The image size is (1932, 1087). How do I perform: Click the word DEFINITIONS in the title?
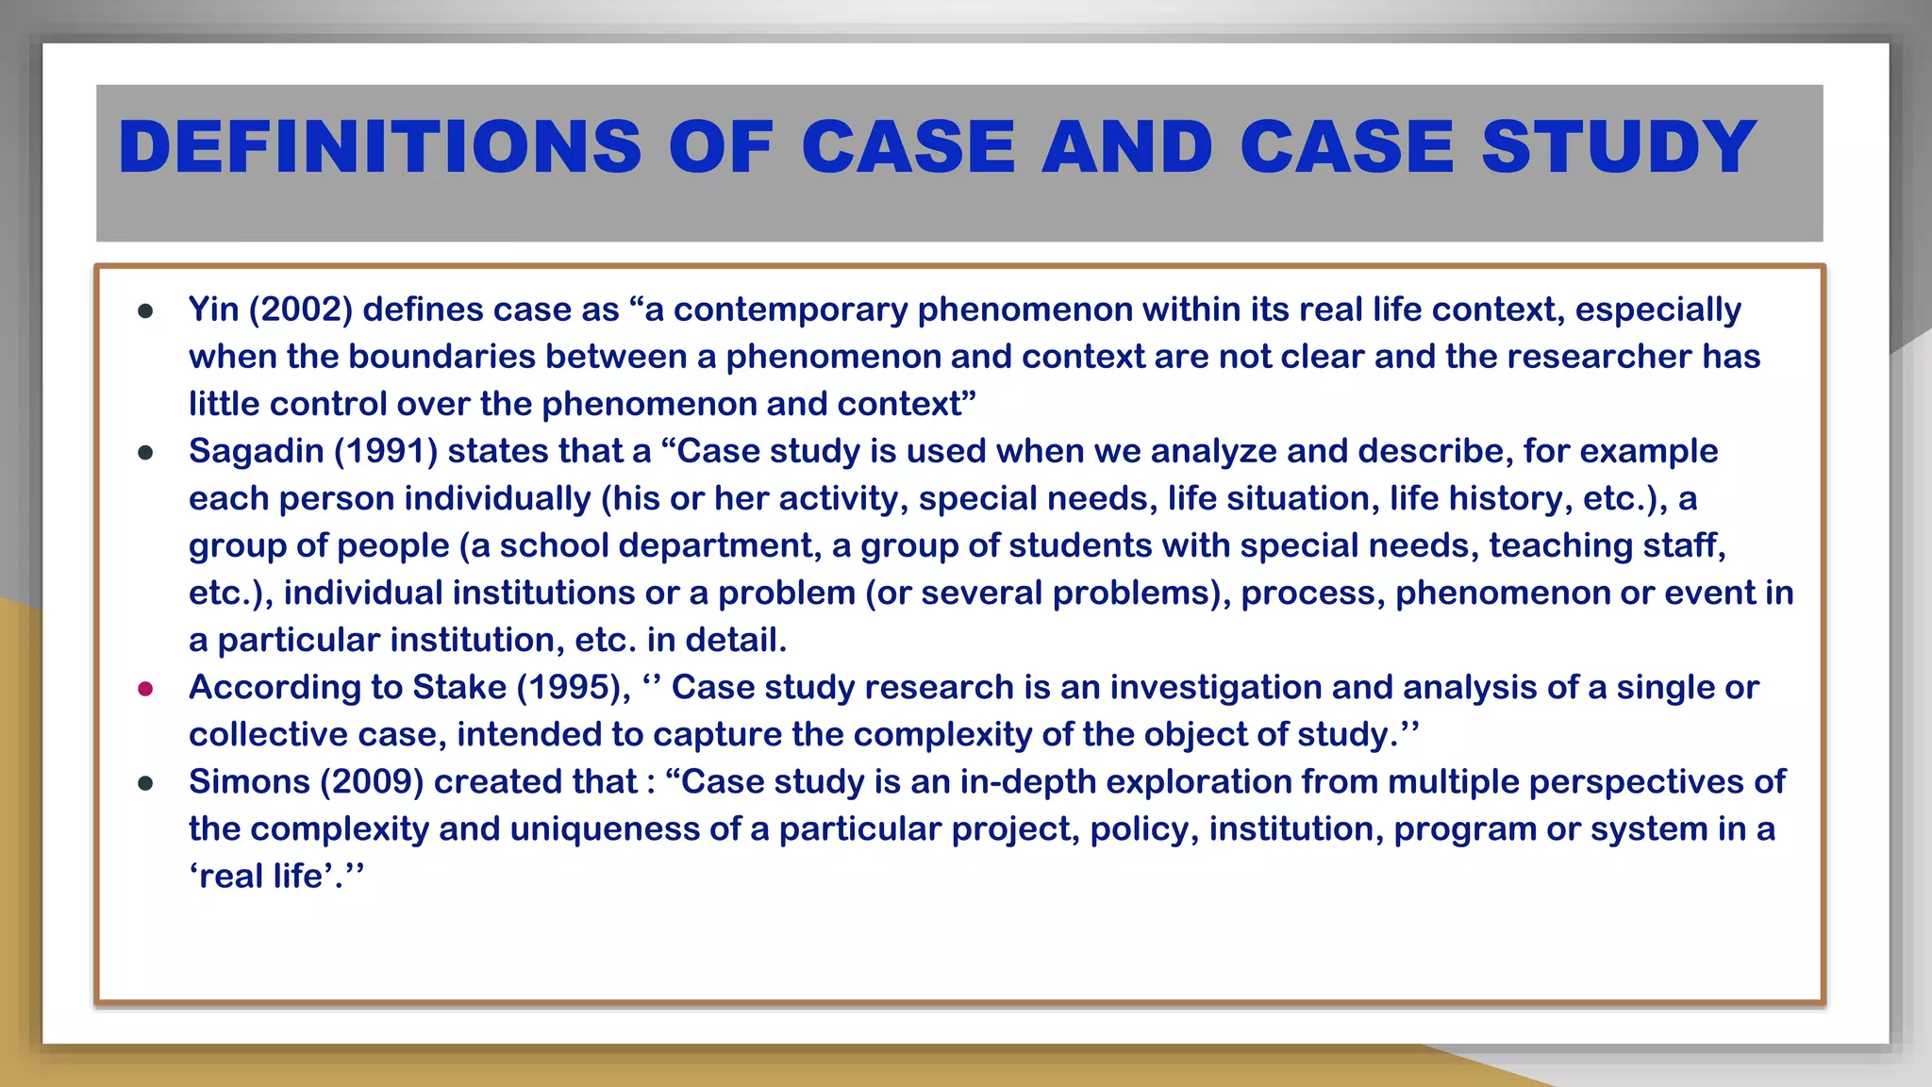click(380, 148)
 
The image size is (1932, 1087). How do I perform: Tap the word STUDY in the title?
click(1619, 148)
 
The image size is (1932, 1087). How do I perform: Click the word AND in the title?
click(1127, 148)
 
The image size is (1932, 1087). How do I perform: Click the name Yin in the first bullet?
click(213, 309)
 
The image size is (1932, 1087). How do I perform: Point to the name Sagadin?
click(257, 451)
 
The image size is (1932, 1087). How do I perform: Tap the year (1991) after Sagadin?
click(386, 451)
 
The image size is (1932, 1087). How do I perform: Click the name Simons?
click(249, 781)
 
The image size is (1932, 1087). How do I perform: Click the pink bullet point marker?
click(145, 689)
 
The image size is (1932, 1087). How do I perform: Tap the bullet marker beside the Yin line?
click(145, 311)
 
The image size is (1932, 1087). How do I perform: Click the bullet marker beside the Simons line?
click(145, 783)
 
